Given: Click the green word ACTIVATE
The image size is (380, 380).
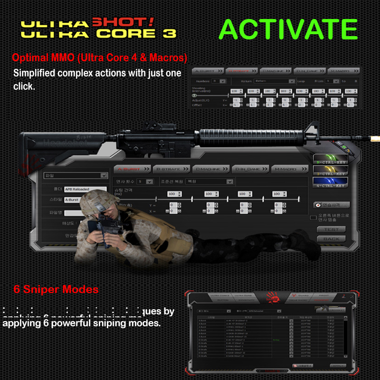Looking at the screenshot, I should [x=288, y=29].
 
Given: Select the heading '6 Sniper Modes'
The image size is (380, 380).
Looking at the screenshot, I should [x=56, y=289].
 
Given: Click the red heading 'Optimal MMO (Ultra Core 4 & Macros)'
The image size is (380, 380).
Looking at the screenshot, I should [x=99, y=58].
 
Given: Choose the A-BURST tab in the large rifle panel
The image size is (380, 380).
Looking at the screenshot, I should [x=131, y=169].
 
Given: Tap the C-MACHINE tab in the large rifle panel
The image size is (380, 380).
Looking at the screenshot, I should [x=210, y=169].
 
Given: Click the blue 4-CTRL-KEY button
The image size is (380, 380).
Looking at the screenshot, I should [x=331, y=183].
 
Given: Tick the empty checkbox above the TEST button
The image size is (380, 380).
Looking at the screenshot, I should [x=313, y=218].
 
